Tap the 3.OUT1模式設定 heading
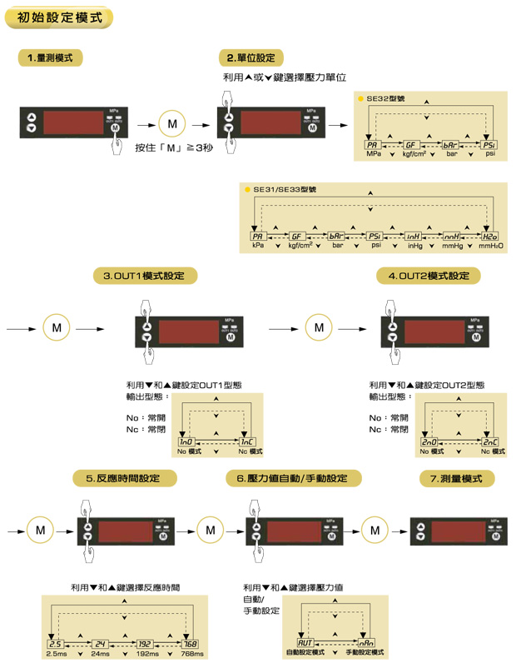click(x=150, y=276)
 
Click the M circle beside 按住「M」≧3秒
click(x=172, y=124)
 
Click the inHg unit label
click(x=415, y=247)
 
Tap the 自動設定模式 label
click(x=305, y=653)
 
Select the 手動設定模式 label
click(x=365, y=653)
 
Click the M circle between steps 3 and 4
click(x=319, y=327)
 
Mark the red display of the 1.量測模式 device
click(x=70, y=122)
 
